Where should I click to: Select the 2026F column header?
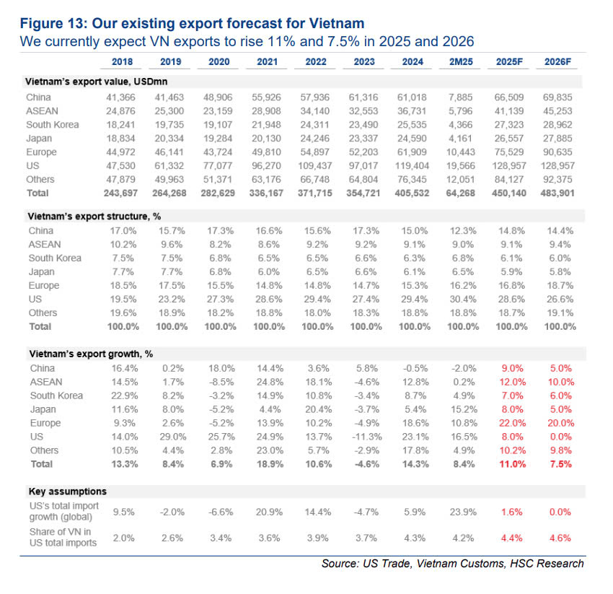[559, 62]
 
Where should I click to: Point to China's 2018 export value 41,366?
[127, 97]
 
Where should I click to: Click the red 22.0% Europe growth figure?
[513, 423]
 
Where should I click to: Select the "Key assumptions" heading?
[63, 491]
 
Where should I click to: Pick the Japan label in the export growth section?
[43, 409]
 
